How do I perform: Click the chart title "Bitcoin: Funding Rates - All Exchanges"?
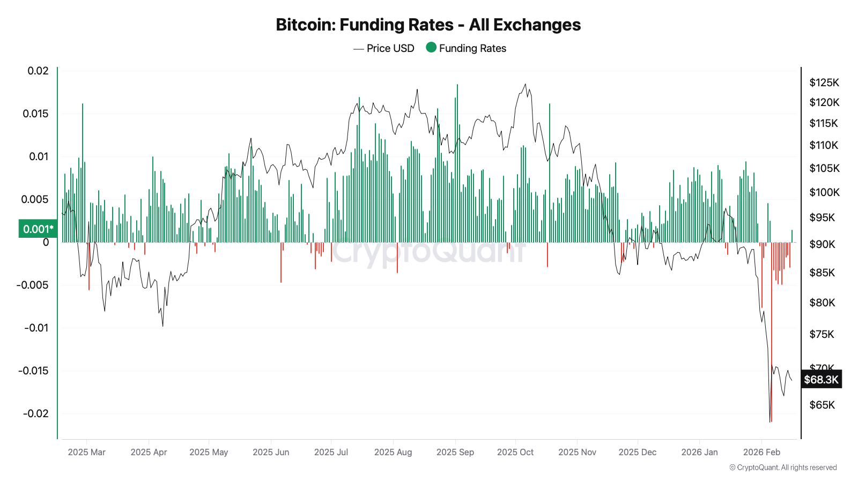(428, 25)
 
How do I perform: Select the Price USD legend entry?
(384, 48)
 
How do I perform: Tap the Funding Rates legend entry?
(466, 48)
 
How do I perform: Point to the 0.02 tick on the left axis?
(38, 71)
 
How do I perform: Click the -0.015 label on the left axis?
(33, 371)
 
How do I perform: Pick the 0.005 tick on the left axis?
(35, 199)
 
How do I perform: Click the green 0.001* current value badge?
(38, 229)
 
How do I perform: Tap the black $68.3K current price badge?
(821, 380)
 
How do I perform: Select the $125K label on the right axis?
(824, 82)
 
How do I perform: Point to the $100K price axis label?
(824, 192)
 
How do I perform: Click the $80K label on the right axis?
(822, 303)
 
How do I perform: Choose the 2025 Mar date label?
(87, 452)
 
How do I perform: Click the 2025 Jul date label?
(331, 452)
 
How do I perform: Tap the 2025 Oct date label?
(515, 452)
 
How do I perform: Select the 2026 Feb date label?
(761, 452)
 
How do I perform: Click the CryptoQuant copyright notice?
(783, 468)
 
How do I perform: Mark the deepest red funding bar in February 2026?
(771, 332)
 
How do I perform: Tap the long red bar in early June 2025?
(281, 262)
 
